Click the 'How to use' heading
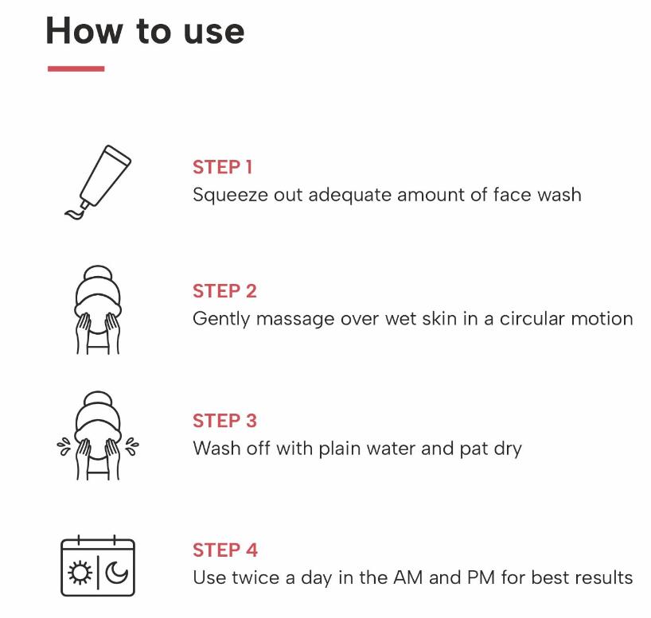(x=145, y=31)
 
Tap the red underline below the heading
(x=76, y=68)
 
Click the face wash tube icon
(x=98, y=182)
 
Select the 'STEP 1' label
(x=223, y=167)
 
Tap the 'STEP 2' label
(x=224, y=291)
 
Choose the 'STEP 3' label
(x=224, y=421)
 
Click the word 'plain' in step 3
(x=336, y=449)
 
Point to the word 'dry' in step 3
(x=508, y=449)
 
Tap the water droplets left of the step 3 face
(x=64, y=446)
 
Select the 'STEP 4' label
(x=225, y=550)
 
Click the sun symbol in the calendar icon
(x=80, y=573)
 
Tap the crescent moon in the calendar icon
(x=117, y=573)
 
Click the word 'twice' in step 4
(x=255, y=577)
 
